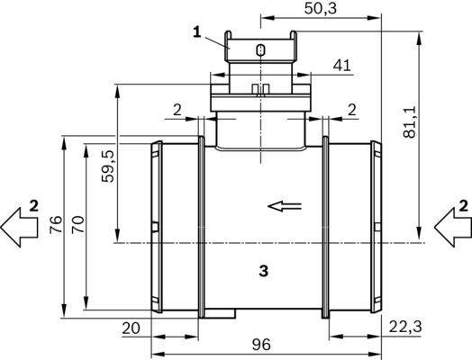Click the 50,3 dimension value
(321, 8)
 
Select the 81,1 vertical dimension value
(410, 121)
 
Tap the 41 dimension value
(342, 65)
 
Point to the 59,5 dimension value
(108, 166)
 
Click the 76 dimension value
(56, 224)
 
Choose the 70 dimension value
(78, 224)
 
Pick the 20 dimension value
(131, 328)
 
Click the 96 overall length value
(261, 345)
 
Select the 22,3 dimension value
(405, 327)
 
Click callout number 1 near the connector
(197, 32)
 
